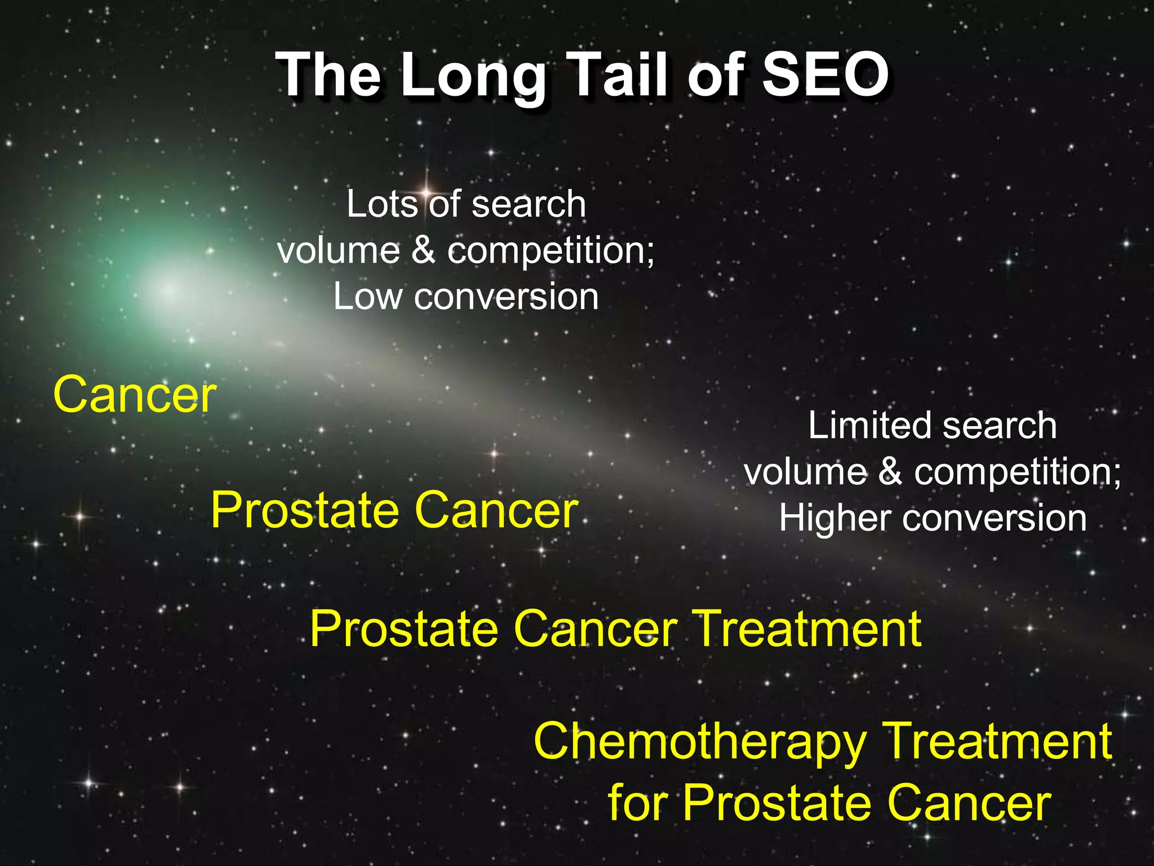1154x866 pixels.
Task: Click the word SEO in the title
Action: [825, 75]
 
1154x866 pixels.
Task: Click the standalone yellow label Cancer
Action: [135, 395]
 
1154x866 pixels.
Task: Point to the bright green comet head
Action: [169, 289]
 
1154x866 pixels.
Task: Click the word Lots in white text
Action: [381, 204]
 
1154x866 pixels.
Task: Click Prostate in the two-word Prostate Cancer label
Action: [304, 510]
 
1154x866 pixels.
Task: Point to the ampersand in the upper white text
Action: [423, 250]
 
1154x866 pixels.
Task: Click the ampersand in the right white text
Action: [890, 472]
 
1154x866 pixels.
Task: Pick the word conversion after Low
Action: [506, 297]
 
